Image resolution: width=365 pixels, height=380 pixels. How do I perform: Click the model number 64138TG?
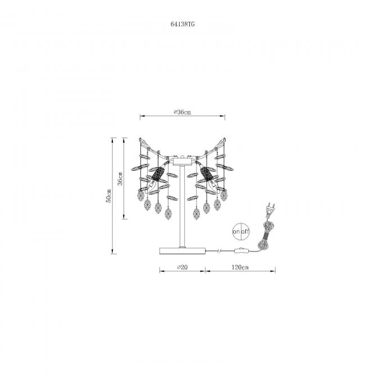pyautogui.click(x=182, y=24)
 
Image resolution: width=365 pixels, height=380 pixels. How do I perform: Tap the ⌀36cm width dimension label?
pyautogui.click(x=182, y=112)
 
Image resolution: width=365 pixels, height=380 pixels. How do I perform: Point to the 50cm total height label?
pyautogui.click(x=109, y=195)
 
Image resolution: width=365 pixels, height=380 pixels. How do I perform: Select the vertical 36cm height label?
pyautogui.click(x=120, y=178)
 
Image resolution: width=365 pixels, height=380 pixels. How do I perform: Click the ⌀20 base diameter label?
pyautogui.click(x=182, y=267)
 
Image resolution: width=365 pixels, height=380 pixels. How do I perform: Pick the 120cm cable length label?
pyautogui.click(x=240, y=267)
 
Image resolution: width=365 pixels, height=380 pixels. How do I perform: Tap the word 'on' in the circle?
pyautogui.click(x=236, y=231)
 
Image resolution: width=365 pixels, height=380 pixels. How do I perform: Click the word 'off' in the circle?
pyautogui.click(x=245, y=231)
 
